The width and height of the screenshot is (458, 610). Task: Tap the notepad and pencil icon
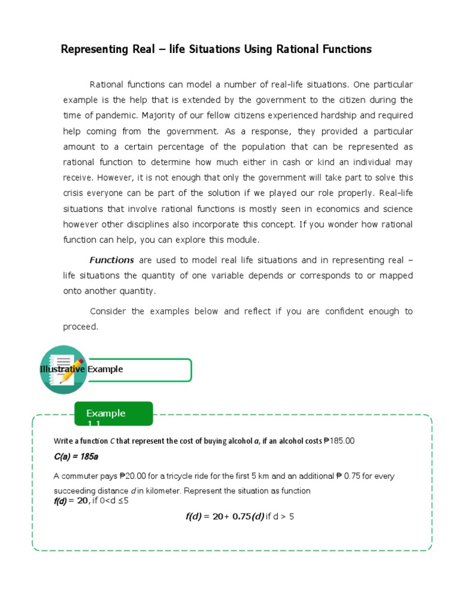tap(63, 369)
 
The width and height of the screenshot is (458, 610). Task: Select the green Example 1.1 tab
tap(113, 414)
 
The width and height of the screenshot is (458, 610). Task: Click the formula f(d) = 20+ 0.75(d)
tap(225, 516)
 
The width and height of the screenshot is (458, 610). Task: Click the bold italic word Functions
tap(112, 260)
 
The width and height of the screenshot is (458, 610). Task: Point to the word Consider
tap(108, 312)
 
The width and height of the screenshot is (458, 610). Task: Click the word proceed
tap(80, 327)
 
